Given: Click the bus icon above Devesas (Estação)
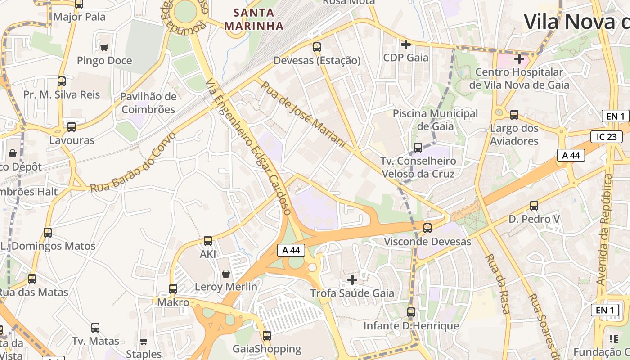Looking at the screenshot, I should coord(317,47).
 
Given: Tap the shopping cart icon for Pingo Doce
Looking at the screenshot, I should coord(104,47).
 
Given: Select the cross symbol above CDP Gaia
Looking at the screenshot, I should coord(406,45).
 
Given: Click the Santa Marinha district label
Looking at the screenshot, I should coord(254,19).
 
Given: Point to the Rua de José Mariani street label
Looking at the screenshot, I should coord(303,114).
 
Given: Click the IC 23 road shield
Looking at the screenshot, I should coord(607,137).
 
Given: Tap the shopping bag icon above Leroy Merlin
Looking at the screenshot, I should coord(226,274).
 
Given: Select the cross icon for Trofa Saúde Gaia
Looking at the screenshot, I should coord(352,280).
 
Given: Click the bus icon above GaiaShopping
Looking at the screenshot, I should coord(267,335).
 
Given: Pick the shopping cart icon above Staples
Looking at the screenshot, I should coord(144,341).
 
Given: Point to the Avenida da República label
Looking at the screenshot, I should coord(605,229).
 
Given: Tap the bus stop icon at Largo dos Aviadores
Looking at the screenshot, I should coord(514,115).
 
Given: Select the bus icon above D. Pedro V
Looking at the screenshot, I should coord(534,206).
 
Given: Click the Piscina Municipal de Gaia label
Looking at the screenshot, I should coord(435,120).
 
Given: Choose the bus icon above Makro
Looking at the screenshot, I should coord(173,288).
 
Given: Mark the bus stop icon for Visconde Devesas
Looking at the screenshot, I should coord(427,228).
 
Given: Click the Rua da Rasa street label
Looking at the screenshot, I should coord(497,283).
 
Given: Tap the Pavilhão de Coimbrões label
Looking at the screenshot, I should coord(148,103).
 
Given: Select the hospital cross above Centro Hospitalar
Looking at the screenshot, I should coord(519,58).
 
